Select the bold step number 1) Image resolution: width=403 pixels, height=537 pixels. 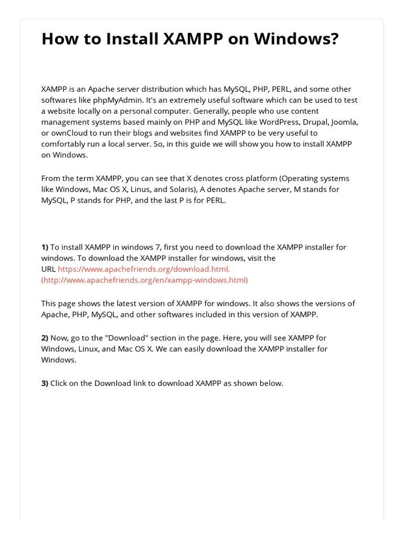click(x=45, y=247)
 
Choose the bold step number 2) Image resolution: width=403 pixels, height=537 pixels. click(x=45, y=338)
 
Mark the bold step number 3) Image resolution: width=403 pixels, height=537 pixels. click(x=45, y=383)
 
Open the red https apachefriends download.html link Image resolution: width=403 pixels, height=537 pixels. click(x=144, y=269)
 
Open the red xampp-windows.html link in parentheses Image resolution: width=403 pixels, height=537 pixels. click(x=144, y=280)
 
